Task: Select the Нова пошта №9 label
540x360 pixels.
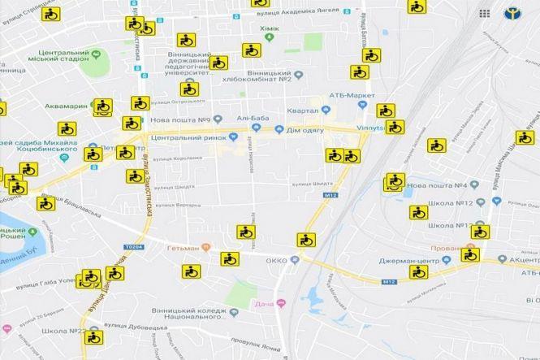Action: [183, 120]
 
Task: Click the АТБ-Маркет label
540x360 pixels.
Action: [352, 95]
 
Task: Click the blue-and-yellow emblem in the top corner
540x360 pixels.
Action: [513, 14]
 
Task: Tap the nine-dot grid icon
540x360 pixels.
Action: [484, 14]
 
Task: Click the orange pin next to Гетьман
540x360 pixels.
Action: [205, 247]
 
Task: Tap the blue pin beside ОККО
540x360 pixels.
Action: [295, 260]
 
